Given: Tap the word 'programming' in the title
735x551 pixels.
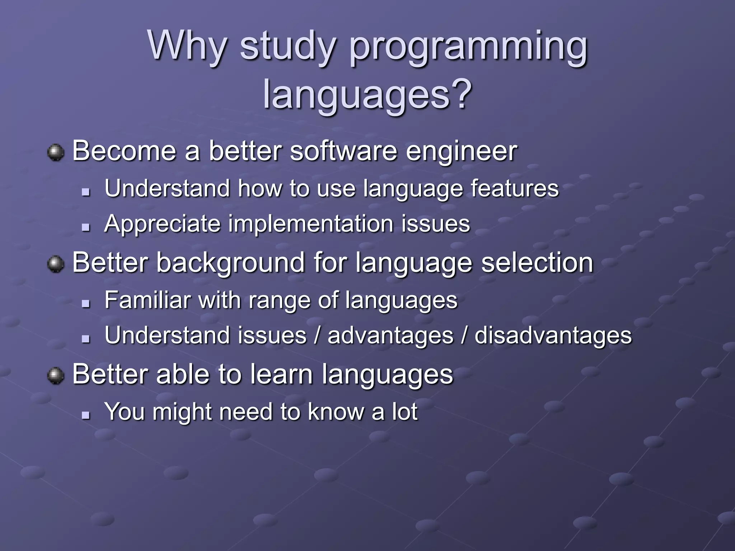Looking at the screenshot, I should (x=468, y=48).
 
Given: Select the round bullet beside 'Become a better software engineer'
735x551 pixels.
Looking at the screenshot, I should (x=56, y=152).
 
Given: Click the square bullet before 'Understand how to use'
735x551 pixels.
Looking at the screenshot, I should (x=85, y=192).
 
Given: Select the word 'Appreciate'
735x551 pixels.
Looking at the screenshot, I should (x=162, y=225).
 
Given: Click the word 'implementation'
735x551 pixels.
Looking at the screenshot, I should (x=311, y=224).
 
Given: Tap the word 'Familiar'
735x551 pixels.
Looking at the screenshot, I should (x=148, y=300).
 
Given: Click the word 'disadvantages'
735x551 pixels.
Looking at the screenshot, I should (x=553, y=336).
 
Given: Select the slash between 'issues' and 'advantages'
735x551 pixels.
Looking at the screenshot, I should (x=317, y=336).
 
